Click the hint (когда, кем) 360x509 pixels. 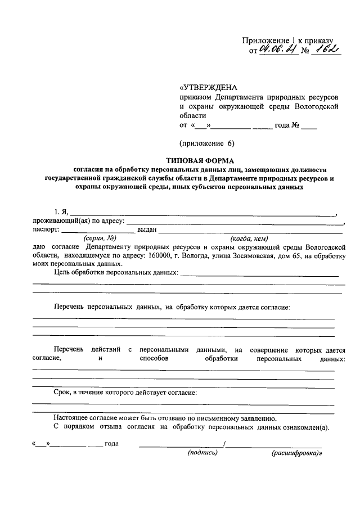(x=249, y=238)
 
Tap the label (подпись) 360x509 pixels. (x=202, y=452)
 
